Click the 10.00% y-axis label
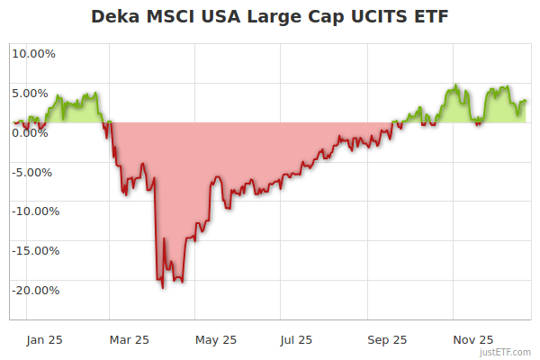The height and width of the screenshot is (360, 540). [x=33, y=53]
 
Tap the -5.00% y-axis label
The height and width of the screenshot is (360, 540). [x=34, y=172]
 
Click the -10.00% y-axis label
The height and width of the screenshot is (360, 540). [x=33, y=211]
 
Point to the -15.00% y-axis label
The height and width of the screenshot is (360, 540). [x=33, y=251]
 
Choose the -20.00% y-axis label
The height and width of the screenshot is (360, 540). [x=33, y=291]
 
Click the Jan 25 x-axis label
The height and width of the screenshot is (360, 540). [x=44, y=339]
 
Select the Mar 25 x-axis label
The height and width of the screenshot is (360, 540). [x=129, y=339]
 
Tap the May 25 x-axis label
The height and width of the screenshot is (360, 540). [x=216, y=339]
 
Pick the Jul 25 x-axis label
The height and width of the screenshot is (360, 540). [x=296, y=339]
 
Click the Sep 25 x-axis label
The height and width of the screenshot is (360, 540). [x=387, y=339]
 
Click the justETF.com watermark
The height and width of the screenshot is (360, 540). [x=506, y=352]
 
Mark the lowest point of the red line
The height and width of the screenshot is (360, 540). [x=163, y=287]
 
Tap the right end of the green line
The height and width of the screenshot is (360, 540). [x=526, y=101]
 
